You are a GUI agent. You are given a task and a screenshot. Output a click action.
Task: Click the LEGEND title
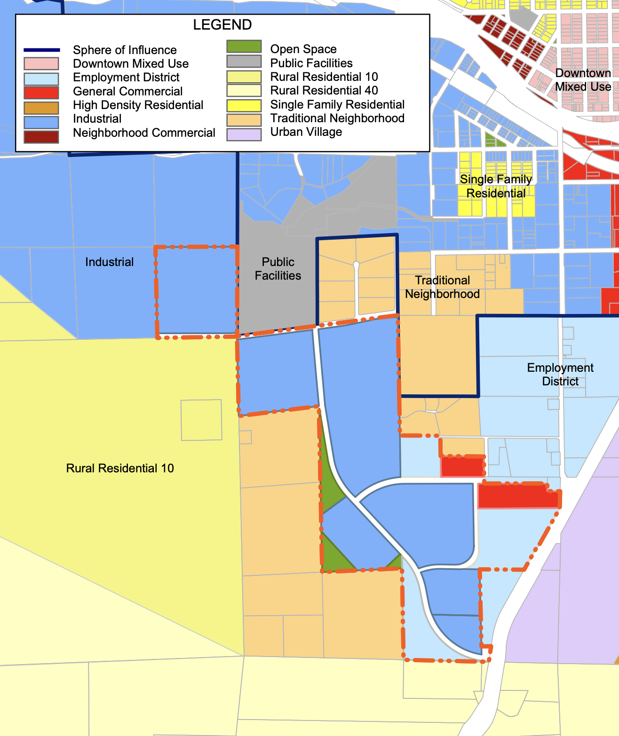pos(222,25)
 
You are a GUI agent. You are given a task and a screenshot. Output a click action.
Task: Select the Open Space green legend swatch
pos(244,47)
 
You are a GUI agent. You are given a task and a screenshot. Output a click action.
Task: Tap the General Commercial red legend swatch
pos(41,93)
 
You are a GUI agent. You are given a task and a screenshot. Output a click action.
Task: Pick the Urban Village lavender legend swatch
pos(244,134)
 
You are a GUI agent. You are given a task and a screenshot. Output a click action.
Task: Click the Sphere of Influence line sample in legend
pos(41,50)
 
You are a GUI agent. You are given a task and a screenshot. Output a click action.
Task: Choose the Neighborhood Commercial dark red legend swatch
pos(41,136)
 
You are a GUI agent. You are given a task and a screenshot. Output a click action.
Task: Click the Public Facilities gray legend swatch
pos(244,61)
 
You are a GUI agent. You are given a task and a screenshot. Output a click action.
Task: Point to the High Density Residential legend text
pos(138,105)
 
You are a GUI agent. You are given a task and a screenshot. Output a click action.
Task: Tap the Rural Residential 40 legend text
pos(324,90)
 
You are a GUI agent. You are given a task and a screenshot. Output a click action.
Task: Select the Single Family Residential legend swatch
pos(244,105)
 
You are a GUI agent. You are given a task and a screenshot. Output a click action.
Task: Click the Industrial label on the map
pos(109,262)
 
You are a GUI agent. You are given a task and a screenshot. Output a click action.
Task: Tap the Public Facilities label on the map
pos(278,269)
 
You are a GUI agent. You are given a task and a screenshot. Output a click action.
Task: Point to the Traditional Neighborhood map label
pos(442,287)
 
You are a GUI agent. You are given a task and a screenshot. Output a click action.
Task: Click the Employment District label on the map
pos(560,374)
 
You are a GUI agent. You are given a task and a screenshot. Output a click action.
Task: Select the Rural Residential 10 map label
pos(120,468)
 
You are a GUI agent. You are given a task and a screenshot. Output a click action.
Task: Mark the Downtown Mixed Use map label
pos(583,80)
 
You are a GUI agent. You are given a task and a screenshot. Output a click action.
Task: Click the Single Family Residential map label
pos(496,186)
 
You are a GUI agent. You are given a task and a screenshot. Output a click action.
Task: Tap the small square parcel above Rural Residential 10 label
pos(201,420)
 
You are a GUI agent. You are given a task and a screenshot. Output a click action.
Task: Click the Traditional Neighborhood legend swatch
pos(244,120)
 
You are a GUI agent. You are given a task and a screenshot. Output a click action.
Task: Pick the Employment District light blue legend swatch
pos(41,78)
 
